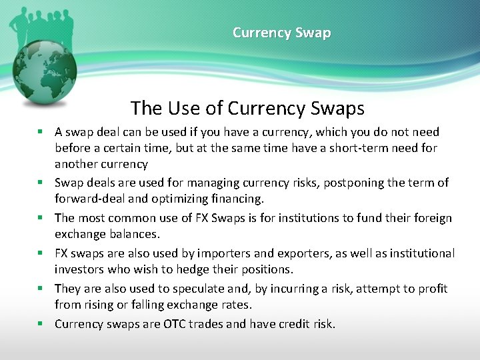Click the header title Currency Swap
(x=281, y=32)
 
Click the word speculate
(x=201, y=289)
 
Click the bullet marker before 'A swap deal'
(x=41, y=132)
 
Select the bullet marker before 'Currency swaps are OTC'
(x=41, y=324)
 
